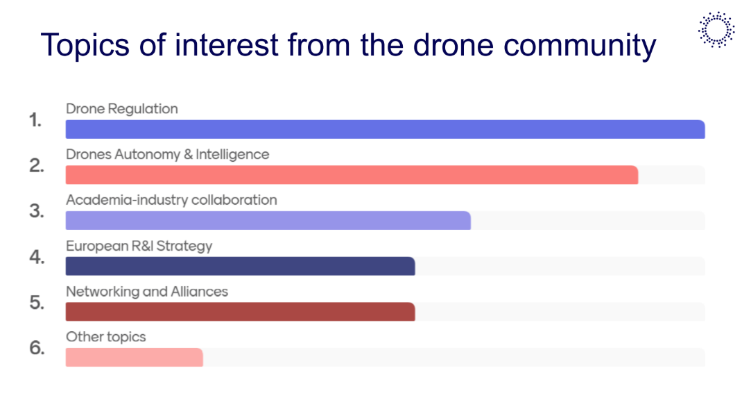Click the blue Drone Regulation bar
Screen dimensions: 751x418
385,129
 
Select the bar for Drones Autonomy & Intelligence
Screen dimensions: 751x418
352,175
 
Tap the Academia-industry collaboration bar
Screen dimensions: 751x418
268,221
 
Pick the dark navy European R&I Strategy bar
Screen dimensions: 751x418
241,266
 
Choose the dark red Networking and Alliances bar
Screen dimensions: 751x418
241,312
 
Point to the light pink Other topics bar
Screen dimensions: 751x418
134,357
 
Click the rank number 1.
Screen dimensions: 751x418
35,120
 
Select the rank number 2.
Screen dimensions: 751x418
36,166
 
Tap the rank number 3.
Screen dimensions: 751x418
36,211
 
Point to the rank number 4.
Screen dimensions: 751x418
37,258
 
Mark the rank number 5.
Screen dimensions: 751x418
36,303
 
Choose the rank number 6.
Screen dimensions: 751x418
37,348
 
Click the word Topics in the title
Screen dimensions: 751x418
85,46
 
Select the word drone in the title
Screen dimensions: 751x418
453,45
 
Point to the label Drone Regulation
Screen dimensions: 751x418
121,109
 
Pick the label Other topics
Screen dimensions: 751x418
106,337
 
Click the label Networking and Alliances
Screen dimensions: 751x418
147,292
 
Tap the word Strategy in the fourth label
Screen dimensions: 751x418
184,246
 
